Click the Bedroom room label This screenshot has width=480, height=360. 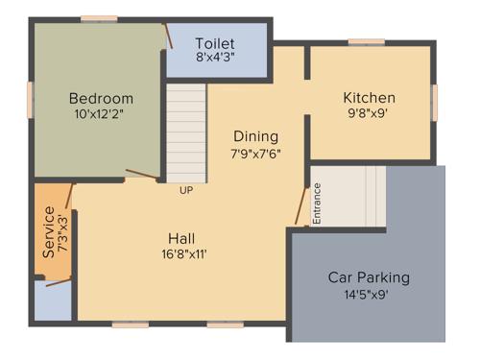point(101,98)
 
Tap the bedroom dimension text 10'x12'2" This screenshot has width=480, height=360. point(101,113)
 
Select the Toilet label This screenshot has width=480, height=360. point(215,43)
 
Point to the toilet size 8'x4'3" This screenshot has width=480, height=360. point(215,57)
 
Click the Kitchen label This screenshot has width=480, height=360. point(370,98)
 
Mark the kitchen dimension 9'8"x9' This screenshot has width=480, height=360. point(370,113)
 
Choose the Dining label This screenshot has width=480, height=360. point(255,136)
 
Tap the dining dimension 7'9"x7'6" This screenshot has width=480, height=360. point(255,152)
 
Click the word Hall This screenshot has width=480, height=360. point(180,238)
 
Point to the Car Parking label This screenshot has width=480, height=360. point(369,277)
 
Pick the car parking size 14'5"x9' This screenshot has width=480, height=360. point(369,294)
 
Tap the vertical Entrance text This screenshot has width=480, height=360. point(318,203)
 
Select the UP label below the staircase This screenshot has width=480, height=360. point(185,190)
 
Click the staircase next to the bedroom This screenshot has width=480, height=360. point(187,132)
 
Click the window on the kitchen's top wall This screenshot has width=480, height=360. point(366,41)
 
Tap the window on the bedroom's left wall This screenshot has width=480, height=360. point(30,100)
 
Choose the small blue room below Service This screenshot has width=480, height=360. point(53,300)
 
